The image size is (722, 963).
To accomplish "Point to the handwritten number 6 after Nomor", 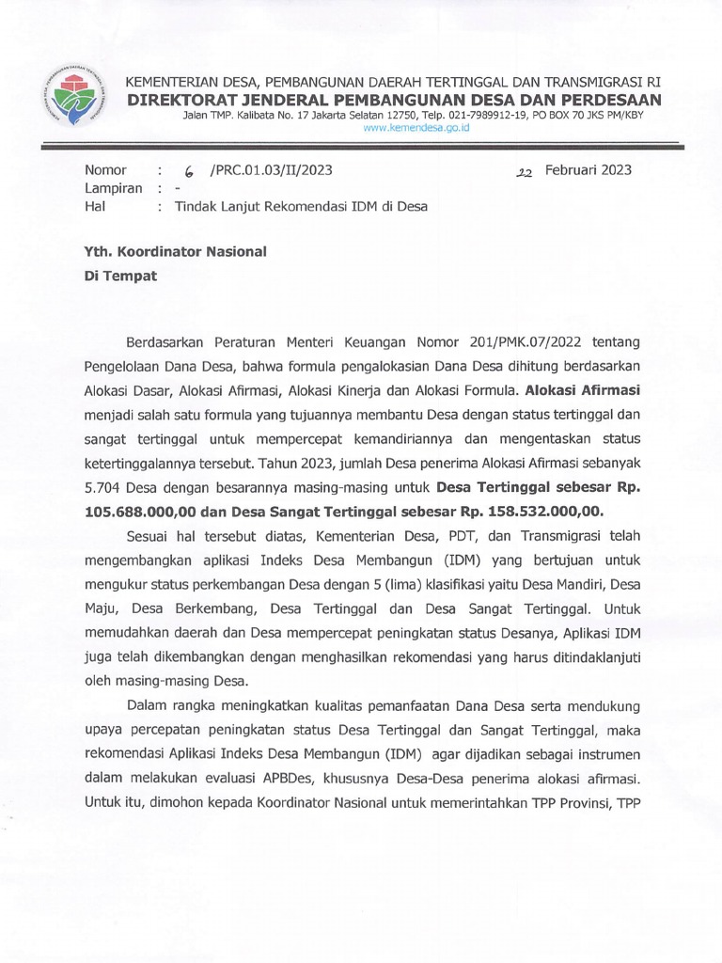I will click(189, 171).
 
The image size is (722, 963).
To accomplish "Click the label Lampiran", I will click(113, 188).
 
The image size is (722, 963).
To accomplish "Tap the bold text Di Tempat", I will click(121, 276).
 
